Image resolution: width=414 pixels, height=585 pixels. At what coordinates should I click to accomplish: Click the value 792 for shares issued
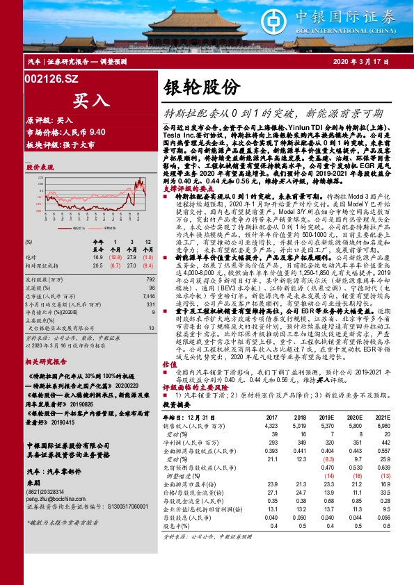pyautogui.click(x=150, y=279)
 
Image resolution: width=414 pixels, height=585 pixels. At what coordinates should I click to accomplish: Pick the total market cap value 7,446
pyautogui.click(x=149, y=295)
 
